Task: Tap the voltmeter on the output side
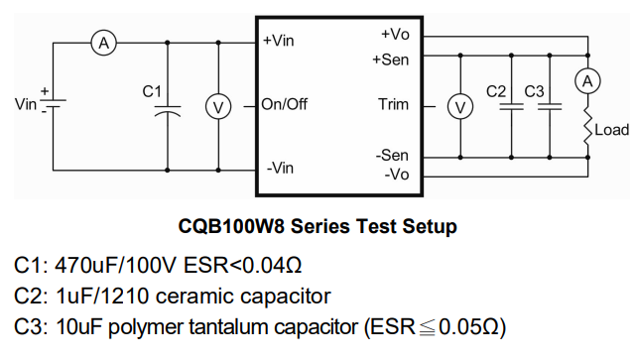click(460, 105)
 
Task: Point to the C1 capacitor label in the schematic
click(152, 91)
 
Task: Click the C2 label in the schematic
click(498, 91)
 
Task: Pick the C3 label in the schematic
click(535, 91)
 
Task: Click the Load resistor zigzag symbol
click(588, 127)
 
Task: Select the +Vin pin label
click(279, 42)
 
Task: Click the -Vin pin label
click(279, 168)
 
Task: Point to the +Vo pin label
click(395, 35)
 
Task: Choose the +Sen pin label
click(391, 60)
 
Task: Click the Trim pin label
click(393, 104)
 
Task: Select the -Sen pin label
click(392, 156)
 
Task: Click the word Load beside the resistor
click(612, 130)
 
